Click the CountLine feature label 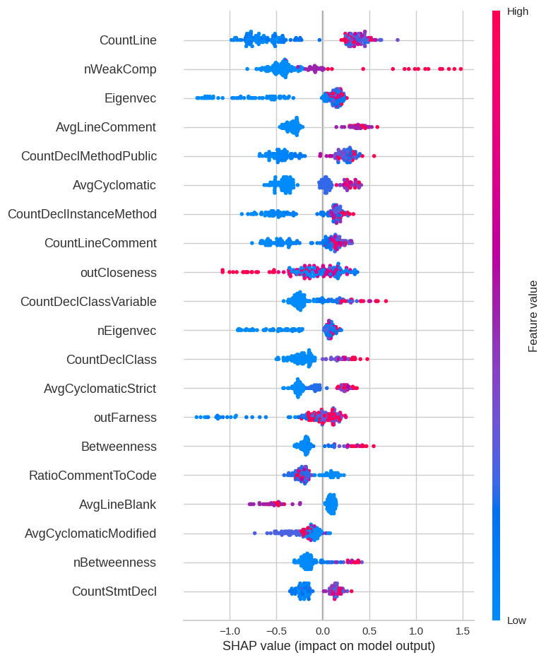coord(128,40)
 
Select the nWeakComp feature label coord(120,69)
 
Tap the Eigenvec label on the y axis coord(130,98)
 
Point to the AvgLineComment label coord(106,127)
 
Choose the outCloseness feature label coord(118,272)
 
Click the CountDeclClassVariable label coord(88,302)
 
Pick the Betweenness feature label coord(119,447)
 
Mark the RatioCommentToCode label coord(93,476)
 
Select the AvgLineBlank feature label coord(117,505)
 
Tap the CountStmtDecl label coord(114,591)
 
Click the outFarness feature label coord(125,418)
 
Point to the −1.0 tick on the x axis coord(229,630)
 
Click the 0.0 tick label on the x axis coord(323,630)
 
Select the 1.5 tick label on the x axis coord(462,630)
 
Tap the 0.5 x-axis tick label coord(369,630)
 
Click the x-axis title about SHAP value coord(328,646)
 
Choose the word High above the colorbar coord(517,11)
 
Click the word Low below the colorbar coord(516,620)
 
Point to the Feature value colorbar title coord(533,316)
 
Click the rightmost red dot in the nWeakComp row coord(461,69)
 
